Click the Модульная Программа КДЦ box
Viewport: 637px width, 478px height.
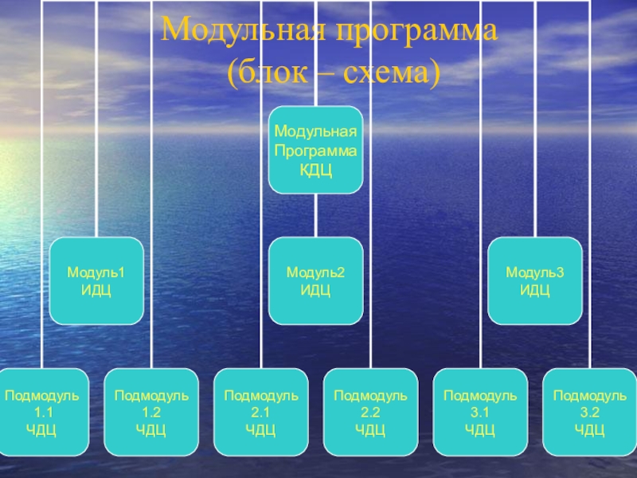click(315, 150)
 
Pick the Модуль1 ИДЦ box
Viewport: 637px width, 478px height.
click(96, 280)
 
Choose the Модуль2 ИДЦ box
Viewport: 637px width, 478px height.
click(315, 280)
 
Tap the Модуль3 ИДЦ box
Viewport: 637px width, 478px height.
click(535, 280)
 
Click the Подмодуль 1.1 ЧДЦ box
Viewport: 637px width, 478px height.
click(41, 413)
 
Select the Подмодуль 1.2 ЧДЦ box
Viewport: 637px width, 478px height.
click(151, 413)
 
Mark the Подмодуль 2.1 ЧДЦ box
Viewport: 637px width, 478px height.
click(260, 413)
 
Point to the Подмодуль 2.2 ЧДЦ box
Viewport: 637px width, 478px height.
click(370, 413)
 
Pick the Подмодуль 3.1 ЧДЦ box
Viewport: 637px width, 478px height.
click(480, 413)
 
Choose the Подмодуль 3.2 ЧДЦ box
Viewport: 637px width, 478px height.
click(589, 413)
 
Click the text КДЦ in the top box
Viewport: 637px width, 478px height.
click(315, 169)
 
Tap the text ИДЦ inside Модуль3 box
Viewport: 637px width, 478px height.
click(535, 288)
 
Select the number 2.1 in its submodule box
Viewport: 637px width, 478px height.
click(260, 413)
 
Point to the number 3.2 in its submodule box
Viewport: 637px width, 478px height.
click(589, 413)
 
